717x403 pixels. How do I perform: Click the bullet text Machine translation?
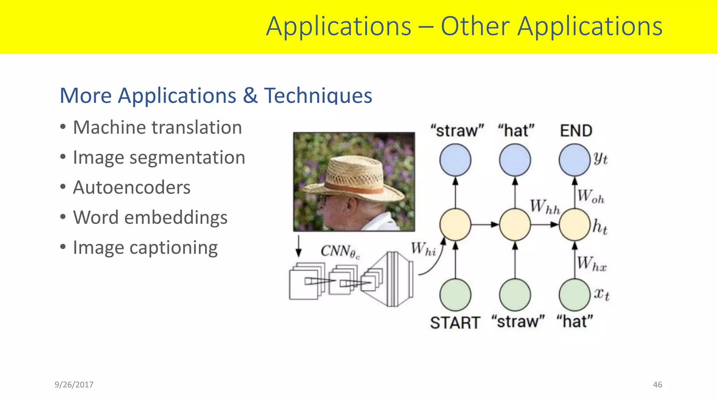[157, 127]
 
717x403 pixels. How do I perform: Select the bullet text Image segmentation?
[159, 157]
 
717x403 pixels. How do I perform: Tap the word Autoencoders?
[132, 188]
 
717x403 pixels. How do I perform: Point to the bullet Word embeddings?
[150, 218]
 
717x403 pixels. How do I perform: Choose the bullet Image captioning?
[145, 248]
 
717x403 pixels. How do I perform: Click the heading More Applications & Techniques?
[216, 96]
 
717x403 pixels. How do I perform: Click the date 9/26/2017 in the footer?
[74, 385]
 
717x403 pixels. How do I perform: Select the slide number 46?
[657, 385]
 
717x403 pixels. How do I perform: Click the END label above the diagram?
[576, 131]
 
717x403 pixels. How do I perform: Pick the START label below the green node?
[455, 323]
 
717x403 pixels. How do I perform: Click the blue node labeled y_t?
[575, 160]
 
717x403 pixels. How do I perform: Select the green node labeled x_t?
[575, 295]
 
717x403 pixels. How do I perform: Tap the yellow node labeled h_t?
[575, 225]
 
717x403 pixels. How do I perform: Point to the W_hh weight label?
[545, 207]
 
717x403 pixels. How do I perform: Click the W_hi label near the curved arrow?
[423, 249]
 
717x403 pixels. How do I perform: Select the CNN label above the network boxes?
[340, 251]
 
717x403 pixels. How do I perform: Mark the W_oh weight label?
[591, 197]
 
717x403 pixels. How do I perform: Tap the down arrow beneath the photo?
[299, 247]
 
